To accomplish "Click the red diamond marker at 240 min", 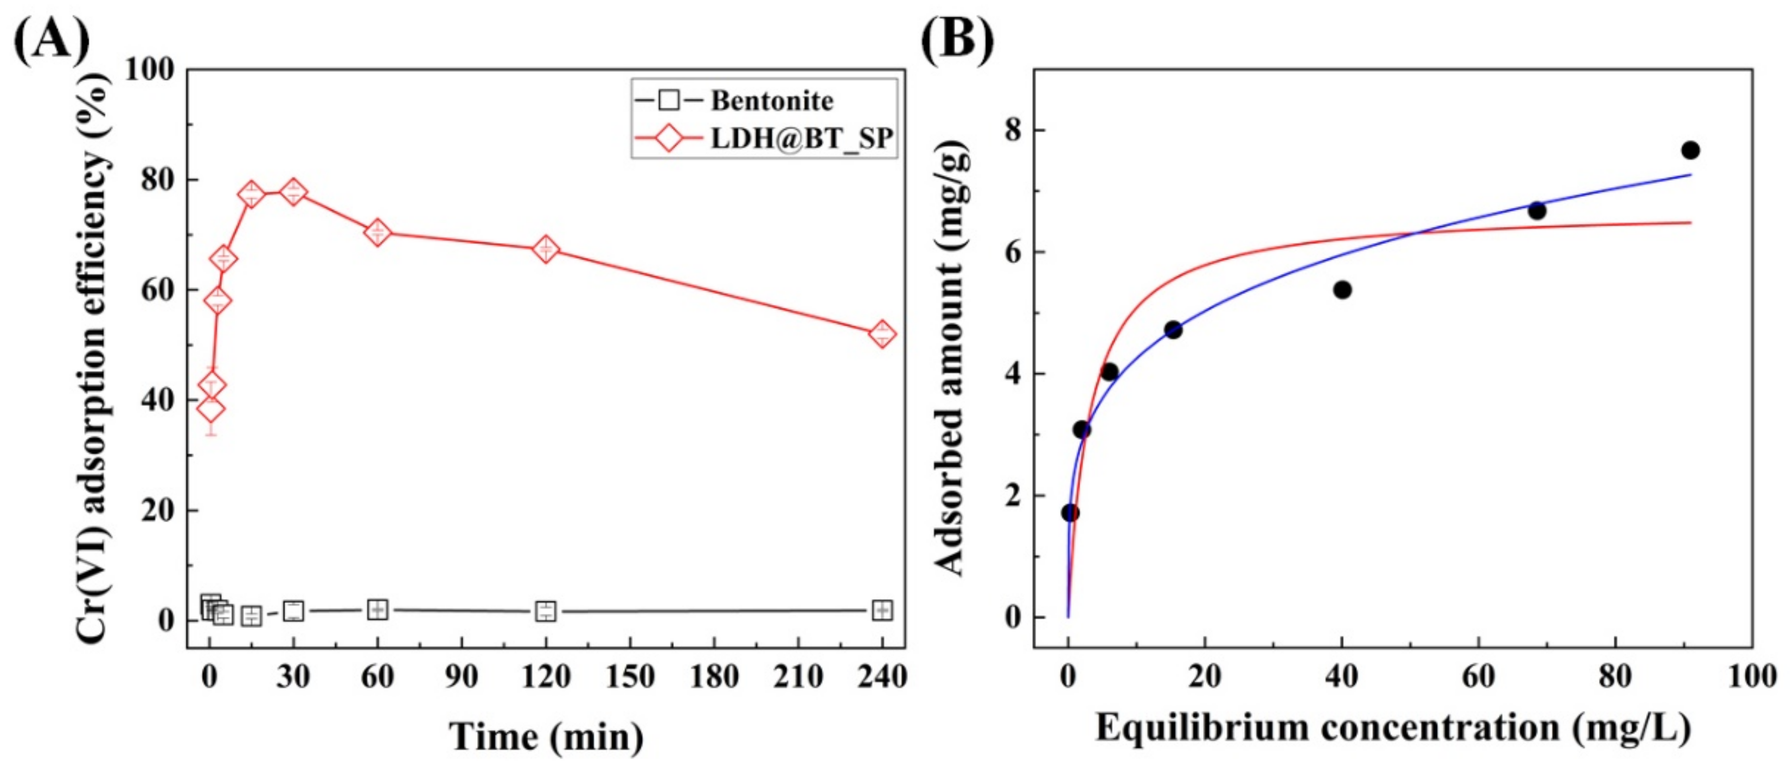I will pos(882,334).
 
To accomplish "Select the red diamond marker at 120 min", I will pos(546,249).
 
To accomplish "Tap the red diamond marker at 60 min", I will pos(377,232).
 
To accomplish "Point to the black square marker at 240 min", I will pos(882,610).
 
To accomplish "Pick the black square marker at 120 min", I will pos(546,611).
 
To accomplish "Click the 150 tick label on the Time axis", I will pos(630,676).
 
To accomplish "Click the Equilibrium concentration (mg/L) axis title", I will pos(1393,728).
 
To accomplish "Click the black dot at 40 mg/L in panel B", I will pos(1342,290).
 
